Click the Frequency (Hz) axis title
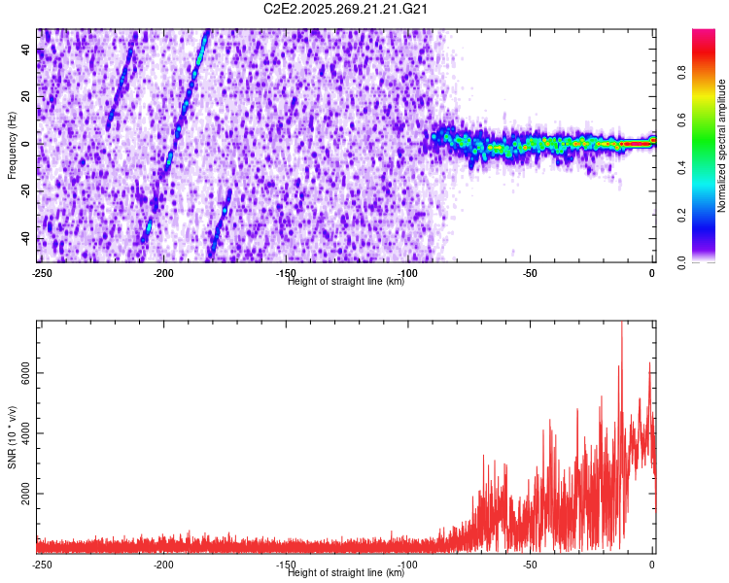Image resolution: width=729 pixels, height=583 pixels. point(12,144)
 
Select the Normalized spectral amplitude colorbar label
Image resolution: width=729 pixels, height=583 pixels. point(722,145)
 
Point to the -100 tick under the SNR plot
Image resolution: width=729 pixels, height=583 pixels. point(407,564)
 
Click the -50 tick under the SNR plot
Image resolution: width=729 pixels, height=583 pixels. point(530,564)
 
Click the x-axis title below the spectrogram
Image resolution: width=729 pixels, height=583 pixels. point(347,281)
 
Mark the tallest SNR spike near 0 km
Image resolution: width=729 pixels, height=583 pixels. point(622,326)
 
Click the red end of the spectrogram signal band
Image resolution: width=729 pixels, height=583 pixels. point(637,144)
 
